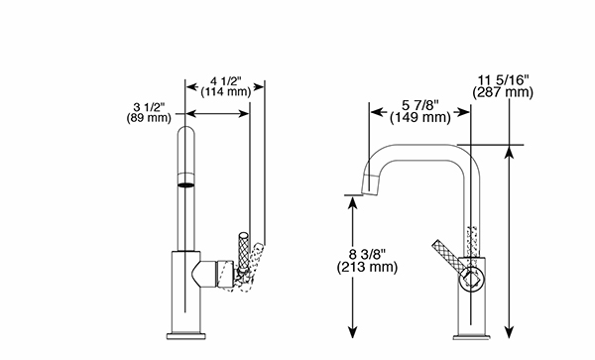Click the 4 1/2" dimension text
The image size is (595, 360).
(226, 81)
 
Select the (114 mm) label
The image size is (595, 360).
(226, 92)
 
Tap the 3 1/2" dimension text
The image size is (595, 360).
(149, 107)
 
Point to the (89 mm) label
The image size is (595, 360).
(149, 118)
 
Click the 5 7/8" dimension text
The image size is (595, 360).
(420, 105)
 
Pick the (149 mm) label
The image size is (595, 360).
(420, 117)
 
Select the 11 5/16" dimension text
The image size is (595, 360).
(503, 80)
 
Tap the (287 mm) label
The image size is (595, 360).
(503, 92)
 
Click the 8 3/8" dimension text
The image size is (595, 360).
(367, 255)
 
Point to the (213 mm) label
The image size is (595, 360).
(367, 267)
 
